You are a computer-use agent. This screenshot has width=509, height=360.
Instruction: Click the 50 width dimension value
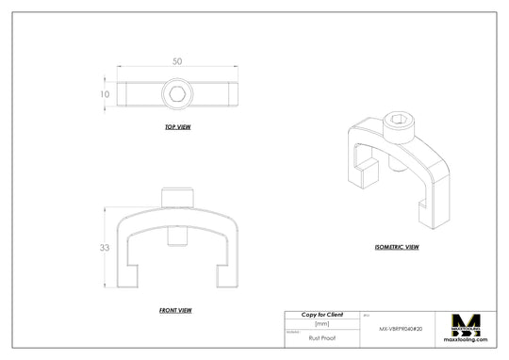176,61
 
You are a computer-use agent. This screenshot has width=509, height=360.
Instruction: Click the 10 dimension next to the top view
107,94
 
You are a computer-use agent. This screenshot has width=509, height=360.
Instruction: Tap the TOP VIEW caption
177,126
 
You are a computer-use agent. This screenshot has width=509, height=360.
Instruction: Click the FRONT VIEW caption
176,309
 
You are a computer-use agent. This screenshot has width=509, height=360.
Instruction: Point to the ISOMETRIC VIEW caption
397,247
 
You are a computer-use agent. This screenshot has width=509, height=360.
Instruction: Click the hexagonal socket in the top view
176,94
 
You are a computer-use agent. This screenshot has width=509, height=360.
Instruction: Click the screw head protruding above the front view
176,197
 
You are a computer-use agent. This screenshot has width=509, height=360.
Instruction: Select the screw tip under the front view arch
176,236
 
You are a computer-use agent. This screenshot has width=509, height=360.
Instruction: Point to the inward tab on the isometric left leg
369,170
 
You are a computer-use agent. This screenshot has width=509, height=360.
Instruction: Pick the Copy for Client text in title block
321,314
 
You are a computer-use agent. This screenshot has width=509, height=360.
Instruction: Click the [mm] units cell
321,323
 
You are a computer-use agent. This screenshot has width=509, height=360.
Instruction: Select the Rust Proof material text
321,335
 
